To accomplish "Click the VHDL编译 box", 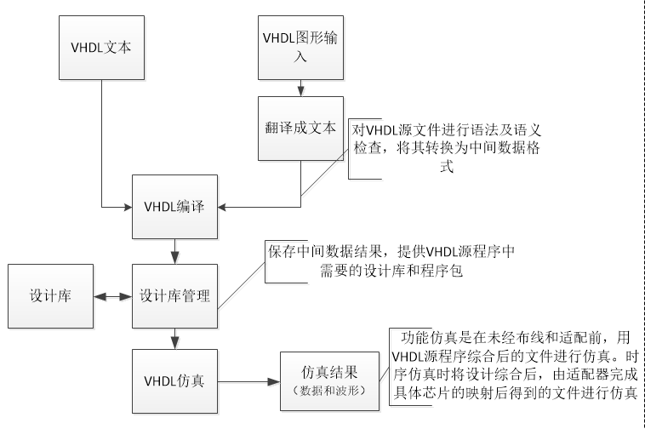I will point(174,206).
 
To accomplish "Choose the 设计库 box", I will point(49,296).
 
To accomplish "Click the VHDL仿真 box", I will point(174,380).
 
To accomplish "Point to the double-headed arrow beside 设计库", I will point(114,297).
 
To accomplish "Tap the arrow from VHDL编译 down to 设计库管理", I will point(174,251).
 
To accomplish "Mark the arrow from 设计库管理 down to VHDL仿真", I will point(174,339).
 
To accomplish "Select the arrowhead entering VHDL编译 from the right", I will point(223,206).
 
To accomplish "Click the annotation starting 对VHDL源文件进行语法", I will point(446,148).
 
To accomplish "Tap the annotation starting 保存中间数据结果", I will point(391,262).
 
